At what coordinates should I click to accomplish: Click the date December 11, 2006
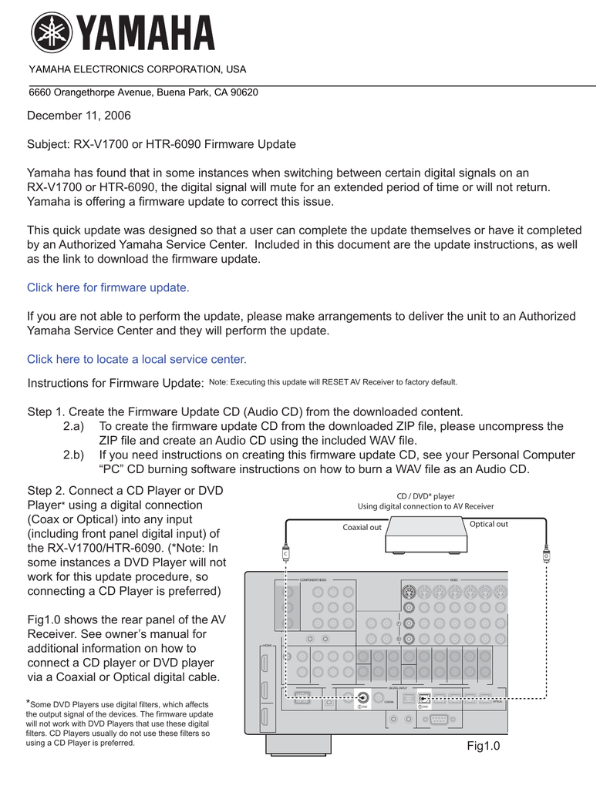(79, 116)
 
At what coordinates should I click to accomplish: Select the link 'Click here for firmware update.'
(108, 287)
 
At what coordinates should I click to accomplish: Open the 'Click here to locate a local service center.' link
(136, 359)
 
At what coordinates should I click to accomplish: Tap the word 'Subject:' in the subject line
(49, 144)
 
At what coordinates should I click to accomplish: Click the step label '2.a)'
(73, 426)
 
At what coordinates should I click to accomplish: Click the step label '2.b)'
(73, 455)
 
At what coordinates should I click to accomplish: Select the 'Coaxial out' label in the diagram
(362, 528)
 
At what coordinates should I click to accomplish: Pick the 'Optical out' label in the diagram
(489, 525)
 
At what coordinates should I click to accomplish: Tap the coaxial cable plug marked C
(285, 552)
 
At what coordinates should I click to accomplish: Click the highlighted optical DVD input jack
(423, 699)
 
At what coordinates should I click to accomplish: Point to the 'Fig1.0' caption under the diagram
(484, 746)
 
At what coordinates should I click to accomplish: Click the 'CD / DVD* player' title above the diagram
(426, 496)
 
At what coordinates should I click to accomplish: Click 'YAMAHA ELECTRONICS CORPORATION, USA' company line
(137, 70)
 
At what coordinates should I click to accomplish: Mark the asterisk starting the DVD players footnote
(29, 703)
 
